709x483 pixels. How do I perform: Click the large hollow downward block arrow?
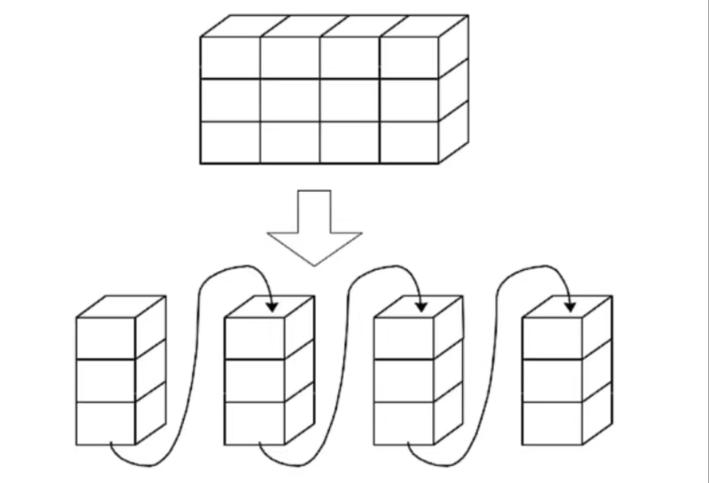click(314, 230)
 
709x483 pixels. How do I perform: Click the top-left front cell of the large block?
click(230, 58)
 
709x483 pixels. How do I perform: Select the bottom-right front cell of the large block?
click(409, 142)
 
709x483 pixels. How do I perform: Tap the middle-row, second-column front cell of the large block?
click(290, 100)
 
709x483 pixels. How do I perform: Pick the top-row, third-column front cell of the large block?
click(349, 58)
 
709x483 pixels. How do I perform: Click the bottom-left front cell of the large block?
click(230, 142)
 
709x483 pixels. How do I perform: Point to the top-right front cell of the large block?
click(409, 58)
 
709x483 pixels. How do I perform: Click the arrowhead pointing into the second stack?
click(272, 306)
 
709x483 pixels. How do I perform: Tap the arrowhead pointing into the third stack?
click(420, 306)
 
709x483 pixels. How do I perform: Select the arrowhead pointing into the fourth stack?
click(570, 306)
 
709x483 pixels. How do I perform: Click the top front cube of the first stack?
click(106, 338)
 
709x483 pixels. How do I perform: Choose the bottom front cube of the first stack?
click(106, 423)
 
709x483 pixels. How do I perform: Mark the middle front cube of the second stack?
click(254, 380)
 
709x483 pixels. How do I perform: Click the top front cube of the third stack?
click(404, 338)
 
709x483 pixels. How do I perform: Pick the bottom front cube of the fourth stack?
click(553, 423)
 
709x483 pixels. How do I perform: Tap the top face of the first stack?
click(121, 306)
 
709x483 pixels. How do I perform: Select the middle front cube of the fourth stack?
click(553, 380)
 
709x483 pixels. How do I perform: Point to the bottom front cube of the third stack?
click(404, 423)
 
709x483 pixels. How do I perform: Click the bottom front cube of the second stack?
click(254, 423)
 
